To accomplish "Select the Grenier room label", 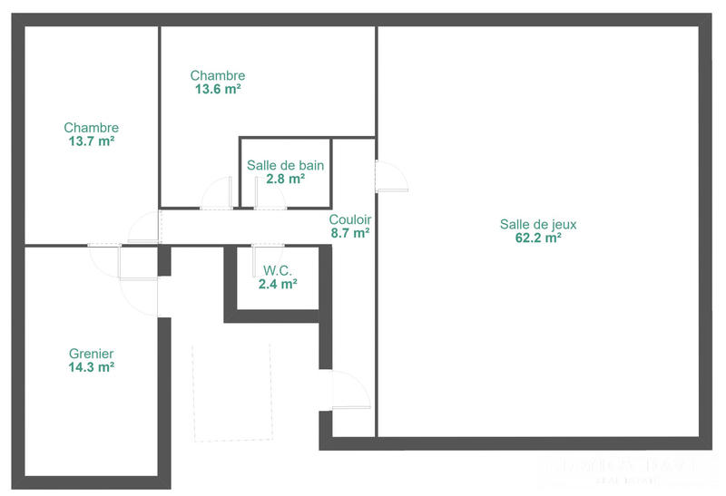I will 91,353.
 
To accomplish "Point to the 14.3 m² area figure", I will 91,367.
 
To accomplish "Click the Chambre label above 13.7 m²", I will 91,128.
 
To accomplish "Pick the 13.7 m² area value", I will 91,142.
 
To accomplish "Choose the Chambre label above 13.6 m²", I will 217,75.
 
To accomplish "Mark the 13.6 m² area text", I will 217,90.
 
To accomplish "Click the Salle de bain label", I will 285,166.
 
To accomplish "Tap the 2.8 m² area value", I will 285,180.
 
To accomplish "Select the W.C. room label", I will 278,269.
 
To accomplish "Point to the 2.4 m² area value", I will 278,284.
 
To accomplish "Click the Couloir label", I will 349,219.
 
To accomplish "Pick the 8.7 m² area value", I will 349,234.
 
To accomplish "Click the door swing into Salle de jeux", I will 391,175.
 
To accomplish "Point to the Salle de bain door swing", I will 270,192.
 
